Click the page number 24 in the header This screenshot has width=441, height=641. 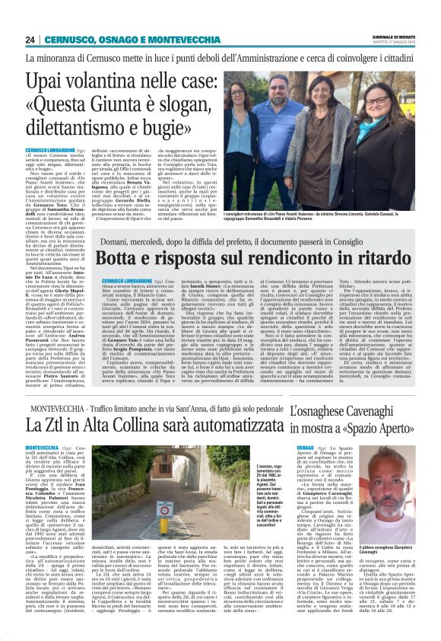(x=30, y=40)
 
